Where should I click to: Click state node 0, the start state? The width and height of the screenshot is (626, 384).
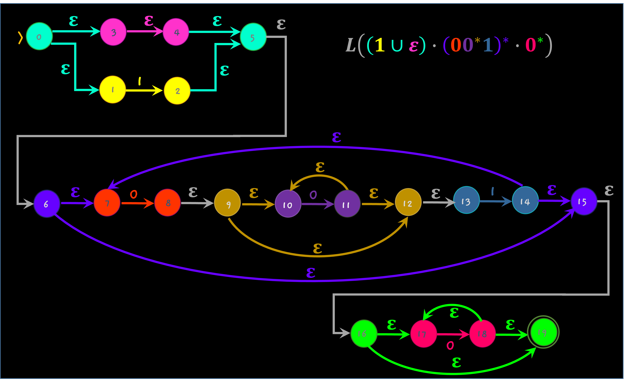pos(39,36)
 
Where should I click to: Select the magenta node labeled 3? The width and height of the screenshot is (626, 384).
pos(113,32)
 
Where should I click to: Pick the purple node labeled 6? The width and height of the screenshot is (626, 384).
pos(47,204)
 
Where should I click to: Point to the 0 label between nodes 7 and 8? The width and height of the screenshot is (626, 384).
pos(134,194)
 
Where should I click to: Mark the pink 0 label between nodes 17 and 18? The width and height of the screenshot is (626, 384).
pos(450,345)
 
